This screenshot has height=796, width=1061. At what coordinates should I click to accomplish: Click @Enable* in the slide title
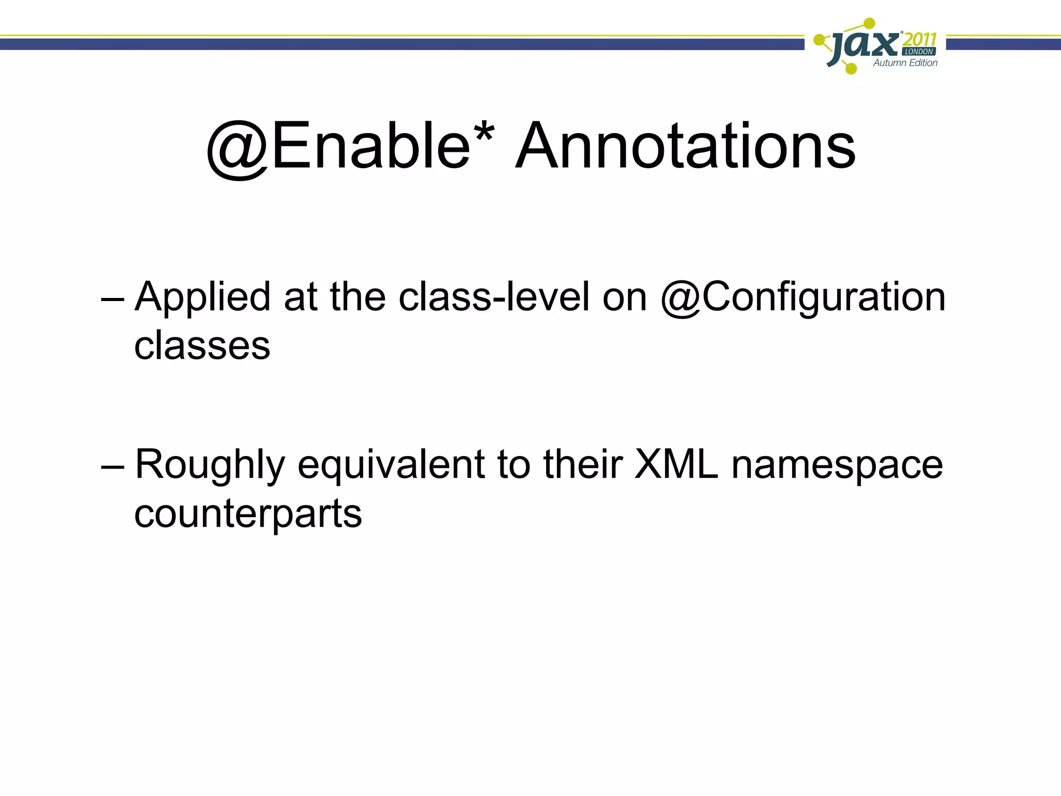pos(350,146)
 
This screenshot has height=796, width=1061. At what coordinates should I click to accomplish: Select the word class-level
pos(494,297)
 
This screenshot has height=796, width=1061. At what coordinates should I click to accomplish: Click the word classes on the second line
pos(202,346)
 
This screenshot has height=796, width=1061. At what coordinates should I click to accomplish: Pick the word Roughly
pos(210,465)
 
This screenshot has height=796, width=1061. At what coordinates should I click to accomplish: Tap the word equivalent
pos(391,465)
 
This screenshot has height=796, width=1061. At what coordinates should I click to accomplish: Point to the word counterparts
pos(248,515)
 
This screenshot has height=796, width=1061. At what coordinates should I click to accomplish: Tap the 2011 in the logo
pos(920,39)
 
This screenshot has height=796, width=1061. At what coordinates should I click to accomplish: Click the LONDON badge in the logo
pos(919,52)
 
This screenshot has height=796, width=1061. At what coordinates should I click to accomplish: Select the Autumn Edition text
pos(905,63)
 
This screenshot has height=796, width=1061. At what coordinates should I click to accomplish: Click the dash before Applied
pos(112,300)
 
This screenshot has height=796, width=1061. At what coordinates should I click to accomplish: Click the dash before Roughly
pos(112,467)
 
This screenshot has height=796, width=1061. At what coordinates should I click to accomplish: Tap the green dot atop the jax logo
pos(869,23)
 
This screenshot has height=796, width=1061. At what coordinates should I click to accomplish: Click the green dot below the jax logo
pos(851,68)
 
